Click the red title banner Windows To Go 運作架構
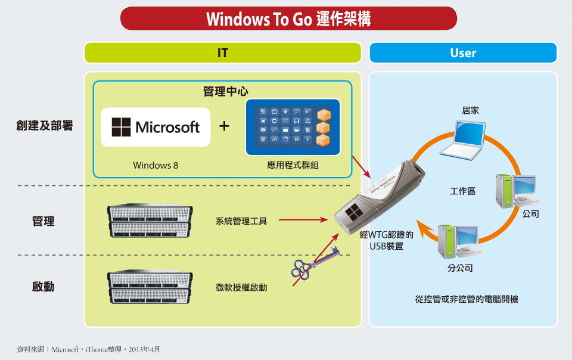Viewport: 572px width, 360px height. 288,19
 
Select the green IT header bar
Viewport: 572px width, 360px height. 222,53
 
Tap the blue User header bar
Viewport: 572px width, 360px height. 463,53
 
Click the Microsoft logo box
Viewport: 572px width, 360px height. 156,127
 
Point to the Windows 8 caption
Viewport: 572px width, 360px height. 156,165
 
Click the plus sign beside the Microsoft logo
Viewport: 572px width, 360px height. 225,127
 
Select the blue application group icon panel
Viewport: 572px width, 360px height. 293,127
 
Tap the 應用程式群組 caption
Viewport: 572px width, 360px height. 293,165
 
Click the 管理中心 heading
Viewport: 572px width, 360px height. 225,91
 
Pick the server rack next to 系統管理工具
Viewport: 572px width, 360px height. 150,221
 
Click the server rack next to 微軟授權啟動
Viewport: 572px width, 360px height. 150,287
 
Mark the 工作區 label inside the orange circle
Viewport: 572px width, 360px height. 462,191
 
